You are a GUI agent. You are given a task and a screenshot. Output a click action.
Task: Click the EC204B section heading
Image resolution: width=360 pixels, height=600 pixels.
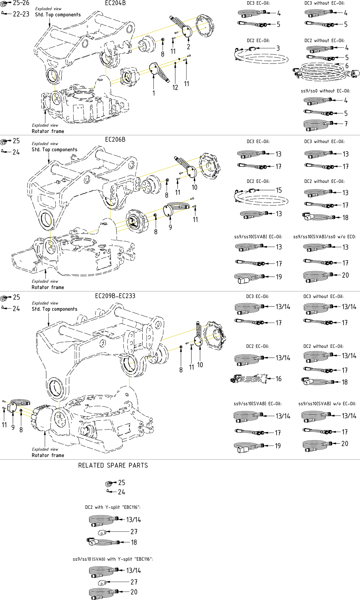pyautogui.click(x=115, y=3)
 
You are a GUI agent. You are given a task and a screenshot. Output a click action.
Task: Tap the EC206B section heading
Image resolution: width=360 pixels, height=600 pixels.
pyautogui.click(x=115, y=140)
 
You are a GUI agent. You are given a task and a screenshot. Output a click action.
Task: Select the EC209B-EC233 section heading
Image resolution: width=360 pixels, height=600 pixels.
pyautogui.click(x=115, y=296)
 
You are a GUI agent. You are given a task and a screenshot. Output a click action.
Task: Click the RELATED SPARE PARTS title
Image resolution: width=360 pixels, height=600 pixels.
pyautogui.click(x=113, y=465)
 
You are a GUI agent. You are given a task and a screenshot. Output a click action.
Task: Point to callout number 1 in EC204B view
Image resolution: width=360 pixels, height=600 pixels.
pyautogui.click(x=154, y=93)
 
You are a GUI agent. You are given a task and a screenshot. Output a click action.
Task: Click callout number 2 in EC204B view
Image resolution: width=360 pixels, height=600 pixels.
pyautogui.click(x=188, y=47)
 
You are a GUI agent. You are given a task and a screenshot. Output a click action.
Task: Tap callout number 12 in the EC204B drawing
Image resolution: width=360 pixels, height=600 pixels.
pyautogui.click(x=175, y=88)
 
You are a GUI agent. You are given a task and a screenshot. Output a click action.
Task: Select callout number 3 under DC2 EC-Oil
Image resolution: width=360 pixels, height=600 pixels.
pyautogui.click(x=278, y=48)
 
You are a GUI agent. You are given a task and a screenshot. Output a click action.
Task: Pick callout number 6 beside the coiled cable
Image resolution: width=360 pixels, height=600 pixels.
pyautogui.click(x=347, y=66)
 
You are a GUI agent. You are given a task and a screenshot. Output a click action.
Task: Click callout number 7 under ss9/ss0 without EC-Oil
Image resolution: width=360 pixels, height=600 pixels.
pyautogui.click(x=346, y=124)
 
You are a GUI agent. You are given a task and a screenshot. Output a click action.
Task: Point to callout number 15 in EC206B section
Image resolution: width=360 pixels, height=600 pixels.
pyautogui.click(x=279, y=190)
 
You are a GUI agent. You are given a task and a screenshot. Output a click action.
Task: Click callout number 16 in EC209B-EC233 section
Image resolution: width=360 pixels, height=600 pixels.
pyautogui.click(x=278, y=379)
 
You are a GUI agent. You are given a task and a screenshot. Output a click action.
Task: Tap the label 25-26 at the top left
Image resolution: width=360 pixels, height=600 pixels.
pyautogui.click(x=21, y=3)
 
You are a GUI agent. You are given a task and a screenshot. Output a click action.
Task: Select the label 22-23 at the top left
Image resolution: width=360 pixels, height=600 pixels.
pyautogui.click(x=21, y=14)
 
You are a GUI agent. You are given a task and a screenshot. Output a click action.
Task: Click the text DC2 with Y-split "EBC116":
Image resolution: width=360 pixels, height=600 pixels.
pyautogui.click(x=112, y=507)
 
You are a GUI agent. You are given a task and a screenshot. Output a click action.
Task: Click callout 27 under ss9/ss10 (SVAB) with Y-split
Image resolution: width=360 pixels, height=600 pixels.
pyautogui.click(x=134, y=582)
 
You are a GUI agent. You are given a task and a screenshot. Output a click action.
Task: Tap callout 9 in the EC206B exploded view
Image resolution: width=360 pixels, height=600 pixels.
pyautogui.click(x=170, y=227)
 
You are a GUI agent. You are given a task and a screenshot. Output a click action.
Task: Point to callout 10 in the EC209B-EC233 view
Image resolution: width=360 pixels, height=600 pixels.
pyautogui.click(x=200, y=365)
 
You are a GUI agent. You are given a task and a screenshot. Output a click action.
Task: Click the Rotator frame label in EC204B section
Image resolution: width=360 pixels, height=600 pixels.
pyautogui.click(x=48, y=131)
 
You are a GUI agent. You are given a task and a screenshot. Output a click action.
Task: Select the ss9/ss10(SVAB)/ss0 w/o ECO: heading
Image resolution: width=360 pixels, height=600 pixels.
pyautogui.click(x=324, y=237)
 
